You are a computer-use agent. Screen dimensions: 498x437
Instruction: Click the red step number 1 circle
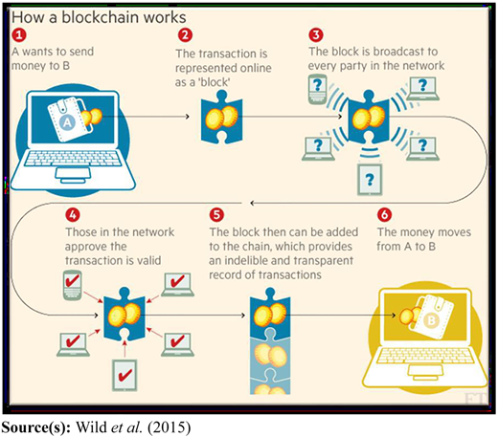(x=19, y=34)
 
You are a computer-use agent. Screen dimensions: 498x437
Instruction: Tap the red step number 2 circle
(x=185, y=34)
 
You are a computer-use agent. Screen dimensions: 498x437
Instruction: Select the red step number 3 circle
(x=316, y=34)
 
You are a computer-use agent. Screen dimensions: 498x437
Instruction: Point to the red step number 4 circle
(x=73, y=215)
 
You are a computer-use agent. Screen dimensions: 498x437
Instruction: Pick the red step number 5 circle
(x=216, y=215)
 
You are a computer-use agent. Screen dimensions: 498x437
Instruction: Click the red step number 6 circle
(x=384, y=215)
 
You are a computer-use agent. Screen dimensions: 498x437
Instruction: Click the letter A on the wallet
(x=68, y=122)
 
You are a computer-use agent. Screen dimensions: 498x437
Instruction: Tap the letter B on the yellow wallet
(x=431, y=320)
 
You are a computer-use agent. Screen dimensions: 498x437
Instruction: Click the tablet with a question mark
(x=370, y=180)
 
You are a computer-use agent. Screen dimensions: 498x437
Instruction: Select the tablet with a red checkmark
(x=124, y=376)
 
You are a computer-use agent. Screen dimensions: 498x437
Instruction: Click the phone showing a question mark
(x=318, y=89)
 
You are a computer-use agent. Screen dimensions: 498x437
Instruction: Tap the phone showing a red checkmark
(x=73, y=285)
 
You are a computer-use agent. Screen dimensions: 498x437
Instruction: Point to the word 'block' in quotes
(x=214, y=82)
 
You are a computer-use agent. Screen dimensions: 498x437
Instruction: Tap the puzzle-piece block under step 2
(x=221, y=117)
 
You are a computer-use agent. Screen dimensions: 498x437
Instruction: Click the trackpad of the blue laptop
(x=73, y=174)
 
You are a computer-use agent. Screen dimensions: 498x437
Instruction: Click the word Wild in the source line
(x=92, y=427)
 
